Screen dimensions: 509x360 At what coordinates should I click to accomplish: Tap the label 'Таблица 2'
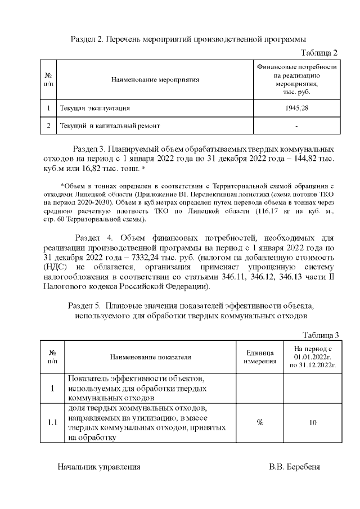pos(319,53)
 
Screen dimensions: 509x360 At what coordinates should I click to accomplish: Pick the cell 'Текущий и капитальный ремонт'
pos(110,126)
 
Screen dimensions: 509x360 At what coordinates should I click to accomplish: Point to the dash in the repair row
pos(296,126)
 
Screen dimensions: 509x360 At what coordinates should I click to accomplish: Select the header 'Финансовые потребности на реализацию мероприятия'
pos(296,79)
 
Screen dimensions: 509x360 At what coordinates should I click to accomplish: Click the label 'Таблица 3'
pos(320,335)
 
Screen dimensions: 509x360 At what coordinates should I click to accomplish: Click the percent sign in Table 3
pos(260,422)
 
